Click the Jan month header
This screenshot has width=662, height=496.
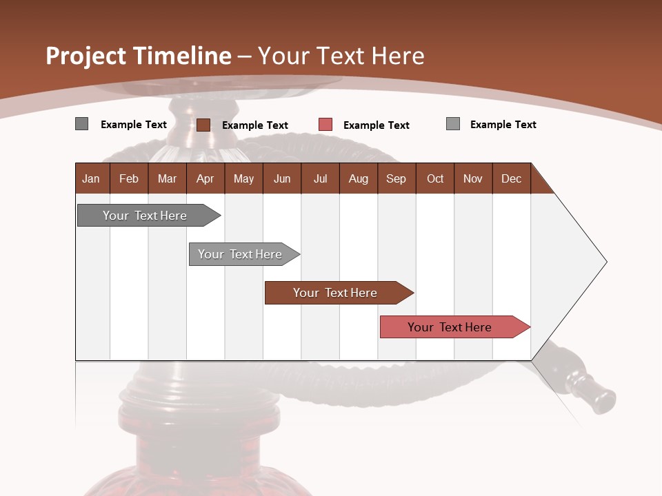point(91,178)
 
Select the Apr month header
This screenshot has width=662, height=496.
point(205,178)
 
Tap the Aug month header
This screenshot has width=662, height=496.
point(358,178)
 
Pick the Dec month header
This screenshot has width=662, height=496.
point(511,178)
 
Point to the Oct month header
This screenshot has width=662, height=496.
point(435,178)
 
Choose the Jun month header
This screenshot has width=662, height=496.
point(282,178)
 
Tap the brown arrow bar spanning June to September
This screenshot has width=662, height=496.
point(336,293)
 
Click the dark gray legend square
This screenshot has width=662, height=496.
point(81,124)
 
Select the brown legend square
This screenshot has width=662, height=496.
point(203,125)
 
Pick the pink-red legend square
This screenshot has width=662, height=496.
point(325,125)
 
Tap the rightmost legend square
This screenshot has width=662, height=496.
point(453,124)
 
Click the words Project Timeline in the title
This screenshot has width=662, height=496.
point(138,56)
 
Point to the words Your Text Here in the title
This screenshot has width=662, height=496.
point(341,56)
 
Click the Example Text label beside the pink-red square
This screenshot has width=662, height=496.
point(376,125)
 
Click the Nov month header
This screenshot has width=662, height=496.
point(473,178)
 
